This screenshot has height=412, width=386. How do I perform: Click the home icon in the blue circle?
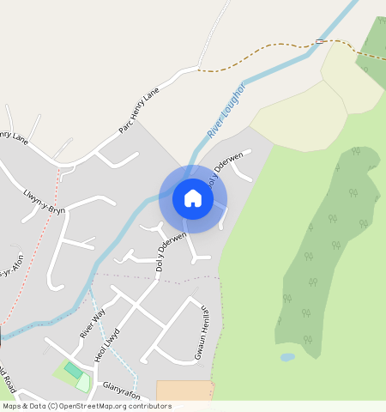(193, 199)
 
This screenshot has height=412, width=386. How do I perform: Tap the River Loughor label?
(226, 111)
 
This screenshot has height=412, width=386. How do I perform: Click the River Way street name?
(91, 322)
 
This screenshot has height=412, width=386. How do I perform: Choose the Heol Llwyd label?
(106, 342)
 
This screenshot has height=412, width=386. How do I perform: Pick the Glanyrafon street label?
(120, 390)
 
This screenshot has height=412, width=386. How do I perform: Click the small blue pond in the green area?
(287, 357)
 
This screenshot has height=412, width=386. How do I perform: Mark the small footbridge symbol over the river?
(320, 41)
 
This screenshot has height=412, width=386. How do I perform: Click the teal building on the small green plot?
(74, 370)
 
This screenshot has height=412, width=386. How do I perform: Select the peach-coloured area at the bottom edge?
(184, 391)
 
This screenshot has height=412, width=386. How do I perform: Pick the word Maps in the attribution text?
(12, 406)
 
